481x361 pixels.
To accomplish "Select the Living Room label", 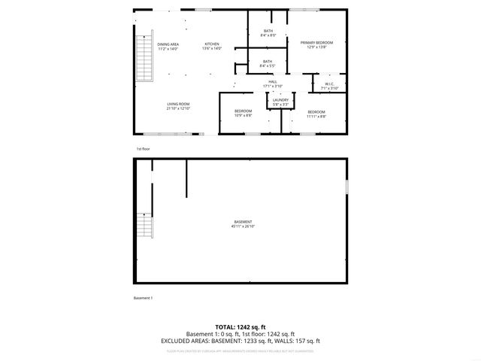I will [x=178, y=105].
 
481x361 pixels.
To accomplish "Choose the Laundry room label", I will [x=281, y=101].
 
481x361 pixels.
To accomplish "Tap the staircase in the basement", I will [x=144, y=225].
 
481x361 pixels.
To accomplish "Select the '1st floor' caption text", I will [x=143, y=149].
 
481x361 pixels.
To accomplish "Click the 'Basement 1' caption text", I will [x=143, y=299].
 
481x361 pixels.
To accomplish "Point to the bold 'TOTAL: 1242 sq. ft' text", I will [x=240, y=327].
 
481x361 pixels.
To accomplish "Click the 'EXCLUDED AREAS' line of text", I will [x=240, y=341].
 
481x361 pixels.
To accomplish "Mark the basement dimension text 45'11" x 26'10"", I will [x=243, y=226].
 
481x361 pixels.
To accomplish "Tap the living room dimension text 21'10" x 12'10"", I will [x=178, y=109].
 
